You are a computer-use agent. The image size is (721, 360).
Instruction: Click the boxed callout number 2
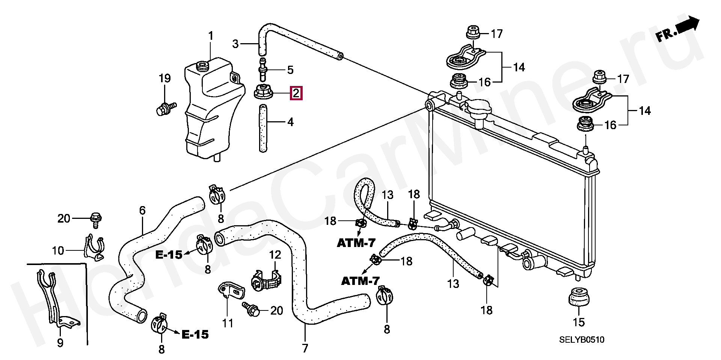[296, 93]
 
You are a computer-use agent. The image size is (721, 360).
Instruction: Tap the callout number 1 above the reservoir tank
[211, 36]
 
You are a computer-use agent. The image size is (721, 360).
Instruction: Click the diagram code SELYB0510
[582, 340]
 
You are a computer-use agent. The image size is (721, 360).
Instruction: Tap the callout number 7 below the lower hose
[305, 348]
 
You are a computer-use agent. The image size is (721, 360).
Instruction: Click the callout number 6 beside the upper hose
[142, 211]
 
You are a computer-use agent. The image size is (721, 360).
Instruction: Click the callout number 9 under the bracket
[60, 343]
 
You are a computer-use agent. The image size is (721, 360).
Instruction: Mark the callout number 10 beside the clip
[58, 250]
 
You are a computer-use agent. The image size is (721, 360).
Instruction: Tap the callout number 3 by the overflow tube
[235, 44]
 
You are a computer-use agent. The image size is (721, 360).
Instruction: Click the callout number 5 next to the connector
[290, 69]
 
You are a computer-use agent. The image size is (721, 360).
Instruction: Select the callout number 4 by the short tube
[290, 122]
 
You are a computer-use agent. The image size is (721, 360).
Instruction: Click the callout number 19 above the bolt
[164, 78]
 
